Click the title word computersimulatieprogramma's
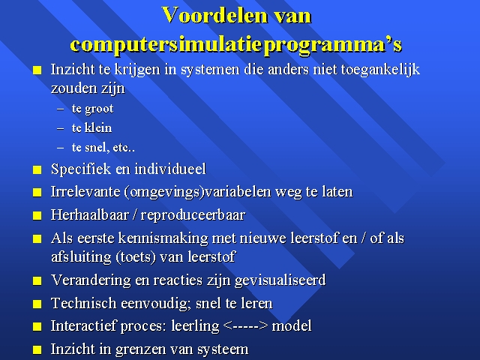(235, 45)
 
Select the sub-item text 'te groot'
(92, 109)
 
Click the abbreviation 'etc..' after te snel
(124, 148)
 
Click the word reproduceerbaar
(193, 215)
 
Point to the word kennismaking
(163, 238)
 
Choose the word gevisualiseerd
(280, 280)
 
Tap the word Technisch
(84, 304)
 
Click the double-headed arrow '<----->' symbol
(246, 325)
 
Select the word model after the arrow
(292, 325)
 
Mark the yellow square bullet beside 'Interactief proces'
(37, 327)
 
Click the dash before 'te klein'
(60, 128)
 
